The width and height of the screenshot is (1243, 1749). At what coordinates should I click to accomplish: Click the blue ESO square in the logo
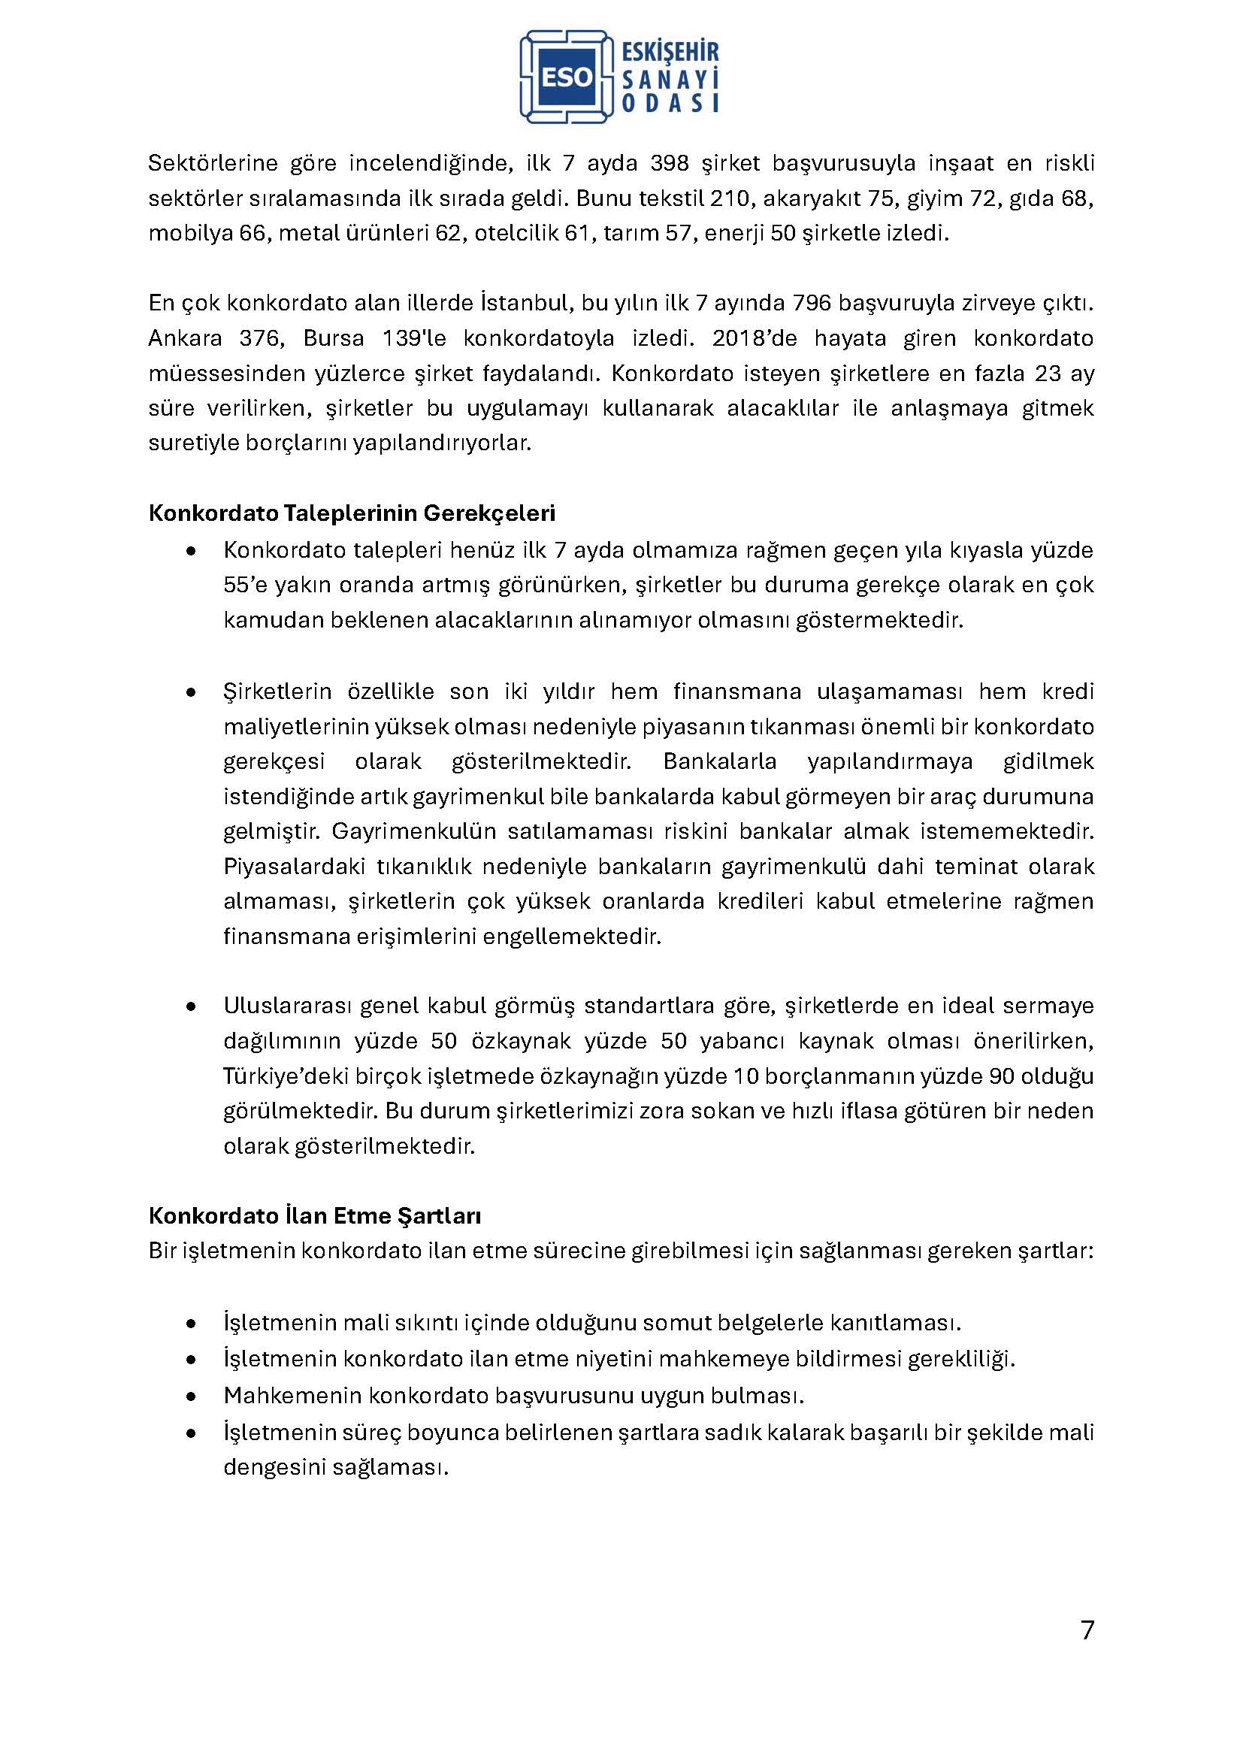(567, 77)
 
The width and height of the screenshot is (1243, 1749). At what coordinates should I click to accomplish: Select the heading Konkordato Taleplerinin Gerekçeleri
(351, 513)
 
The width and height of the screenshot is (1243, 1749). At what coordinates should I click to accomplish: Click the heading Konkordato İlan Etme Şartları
(315, 1215)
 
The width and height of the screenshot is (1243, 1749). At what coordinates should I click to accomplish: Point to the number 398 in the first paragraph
(671, 164)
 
